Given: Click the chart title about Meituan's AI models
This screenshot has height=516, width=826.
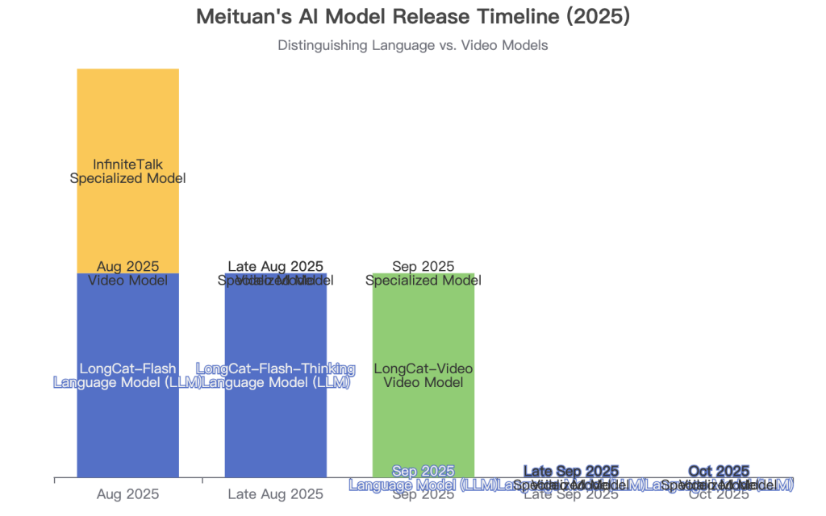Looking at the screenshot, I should [413, 16].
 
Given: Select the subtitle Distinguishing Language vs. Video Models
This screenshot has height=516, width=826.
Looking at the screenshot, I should [413, 46].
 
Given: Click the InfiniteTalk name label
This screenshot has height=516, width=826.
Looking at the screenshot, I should [128, 164].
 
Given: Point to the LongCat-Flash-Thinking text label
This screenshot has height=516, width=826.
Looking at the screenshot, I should [276, 368].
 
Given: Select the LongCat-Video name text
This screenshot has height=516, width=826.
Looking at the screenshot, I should [423, 368].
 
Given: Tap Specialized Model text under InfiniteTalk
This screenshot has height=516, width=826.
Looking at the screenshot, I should [128, 178].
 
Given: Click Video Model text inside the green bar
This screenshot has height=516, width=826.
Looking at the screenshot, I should [423, 382].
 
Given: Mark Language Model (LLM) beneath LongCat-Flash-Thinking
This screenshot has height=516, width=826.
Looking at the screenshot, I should [276, 382].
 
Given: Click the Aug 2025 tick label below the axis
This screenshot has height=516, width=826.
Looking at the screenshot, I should [128, 494].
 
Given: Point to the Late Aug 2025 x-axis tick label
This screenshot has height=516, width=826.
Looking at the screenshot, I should [276, 494].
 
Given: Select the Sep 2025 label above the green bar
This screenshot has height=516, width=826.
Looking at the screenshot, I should [423, 266].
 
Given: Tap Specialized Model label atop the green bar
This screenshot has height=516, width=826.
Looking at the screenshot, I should [423, 281].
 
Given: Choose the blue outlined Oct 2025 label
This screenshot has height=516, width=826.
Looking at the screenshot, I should [719, 471].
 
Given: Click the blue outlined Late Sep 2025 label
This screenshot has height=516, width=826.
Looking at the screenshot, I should [571, 471].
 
